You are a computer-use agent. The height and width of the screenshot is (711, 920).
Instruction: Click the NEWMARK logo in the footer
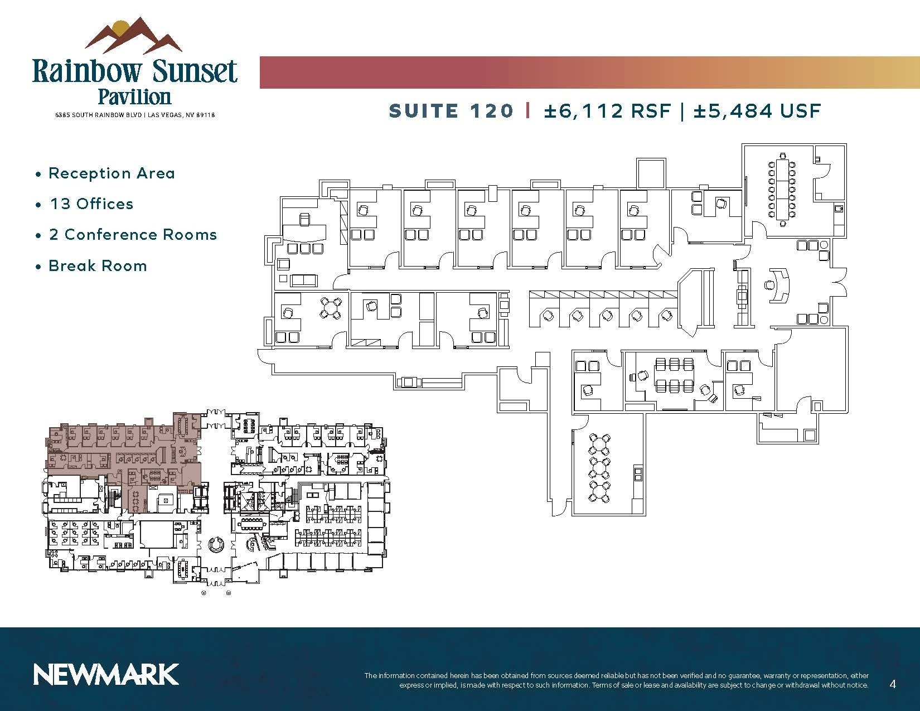coord(106,674)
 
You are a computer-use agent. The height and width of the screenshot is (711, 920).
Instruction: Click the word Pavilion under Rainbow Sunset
coord(134,96)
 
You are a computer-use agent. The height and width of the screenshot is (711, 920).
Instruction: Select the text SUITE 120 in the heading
coord(451,110)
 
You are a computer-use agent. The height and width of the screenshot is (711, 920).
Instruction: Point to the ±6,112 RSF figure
coord(607,110)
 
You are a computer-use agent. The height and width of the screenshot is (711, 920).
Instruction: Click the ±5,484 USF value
coord(757,110)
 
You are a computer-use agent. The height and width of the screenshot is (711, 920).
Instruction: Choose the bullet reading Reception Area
coord(112,173)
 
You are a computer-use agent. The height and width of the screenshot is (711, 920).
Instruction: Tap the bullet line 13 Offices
coord(91,204)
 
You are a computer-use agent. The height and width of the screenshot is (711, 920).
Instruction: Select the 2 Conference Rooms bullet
coord(133,235)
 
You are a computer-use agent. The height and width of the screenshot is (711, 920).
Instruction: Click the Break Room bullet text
coord(98,266)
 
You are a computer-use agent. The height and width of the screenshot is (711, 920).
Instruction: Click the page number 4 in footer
coord(893,684)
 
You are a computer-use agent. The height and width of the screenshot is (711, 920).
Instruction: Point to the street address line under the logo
coord(134,115)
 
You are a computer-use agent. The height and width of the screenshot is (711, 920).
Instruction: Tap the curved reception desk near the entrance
coord(779,285)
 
